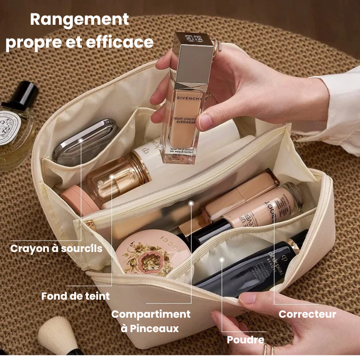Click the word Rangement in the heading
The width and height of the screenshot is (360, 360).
pos(79,20)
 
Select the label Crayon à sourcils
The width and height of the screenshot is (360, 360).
pos(56,248)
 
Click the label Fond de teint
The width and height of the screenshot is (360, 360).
pos(75,296)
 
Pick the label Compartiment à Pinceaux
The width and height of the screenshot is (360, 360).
pos(151,321)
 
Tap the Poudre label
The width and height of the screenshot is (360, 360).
pos(245,340)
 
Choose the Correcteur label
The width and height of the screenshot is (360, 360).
pos(307,314)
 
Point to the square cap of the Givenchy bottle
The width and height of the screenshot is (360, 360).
pos(193,58)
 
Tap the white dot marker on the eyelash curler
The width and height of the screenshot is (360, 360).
pos(81,141)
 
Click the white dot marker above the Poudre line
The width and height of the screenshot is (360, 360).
pos(221,259)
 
